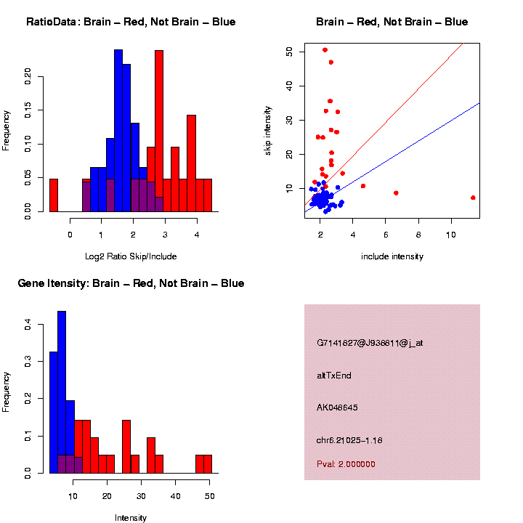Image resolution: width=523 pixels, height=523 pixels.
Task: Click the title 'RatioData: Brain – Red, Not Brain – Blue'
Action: coord(131,23)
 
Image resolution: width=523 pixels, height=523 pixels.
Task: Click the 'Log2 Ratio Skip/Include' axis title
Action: coord(131,256)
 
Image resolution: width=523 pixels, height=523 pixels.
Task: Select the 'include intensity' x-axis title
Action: coord(392,256)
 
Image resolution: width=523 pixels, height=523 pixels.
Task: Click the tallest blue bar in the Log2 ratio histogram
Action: coord(118,131)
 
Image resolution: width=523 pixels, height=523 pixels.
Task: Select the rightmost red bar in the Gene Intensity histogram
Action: coord(208,464)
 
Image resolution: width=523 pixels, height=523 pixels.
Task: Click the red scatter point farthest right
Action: coord(473,198)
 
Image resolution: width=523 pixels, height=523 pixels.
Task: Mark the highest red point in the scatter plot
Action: coord(325,50)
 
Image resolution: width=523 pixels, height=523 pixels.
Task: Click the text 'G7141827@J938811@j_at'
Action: coord(370,343)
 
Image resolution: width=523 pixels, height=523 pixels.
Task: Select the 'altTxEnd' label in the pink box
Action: coord(334,376)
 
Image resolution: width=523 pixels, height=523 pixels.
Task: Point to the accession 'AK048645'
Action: coord(338,408)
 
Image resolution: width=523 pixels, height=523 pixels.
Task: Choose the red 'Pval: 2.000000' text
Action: coord(346,464)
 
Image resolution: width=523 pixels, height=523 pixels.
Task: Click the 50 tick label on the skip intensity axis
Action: coord(289,52)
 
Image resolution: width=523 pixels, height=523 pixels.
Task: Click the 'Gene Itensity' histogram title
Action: coord(131,283)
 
